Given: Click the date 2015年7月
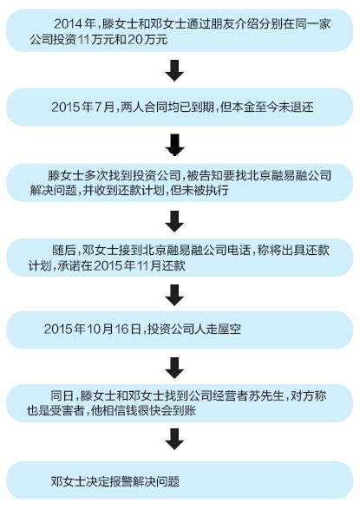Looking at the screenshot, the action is pos(82,108).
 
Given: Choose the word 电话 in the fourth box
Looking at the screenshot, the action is pos(239,251).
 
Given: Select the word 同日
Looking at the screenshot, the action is pos(62,395).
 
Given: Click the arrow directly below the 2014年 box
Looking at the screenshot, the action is pos(174,70).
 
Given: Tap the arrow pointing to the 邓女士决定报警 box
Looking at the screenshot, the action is pos(174,439).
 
